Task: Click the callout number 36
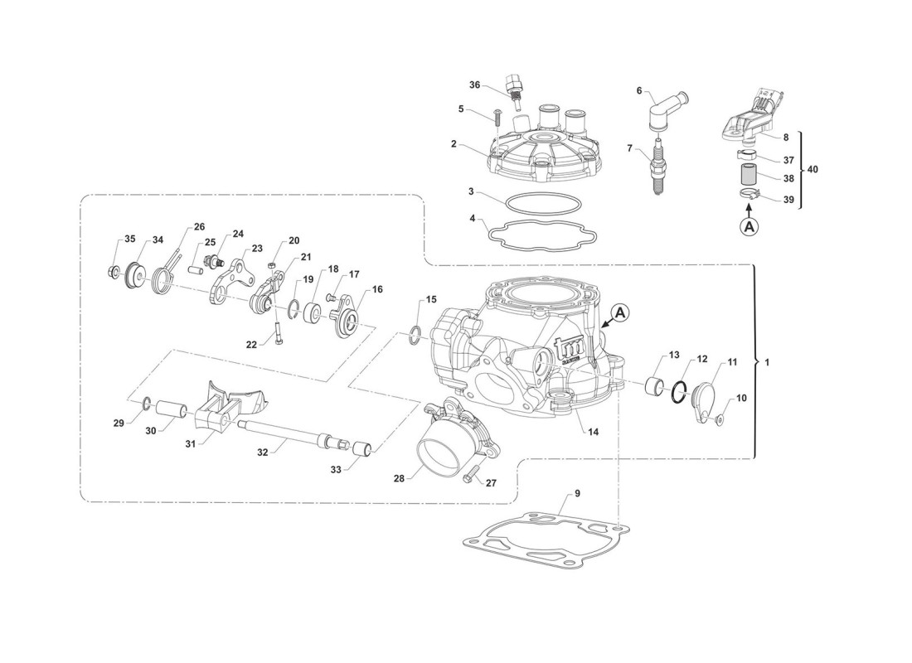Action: click(x=475, y=85)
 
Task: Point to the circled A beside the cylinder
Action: click(x=621, y=313)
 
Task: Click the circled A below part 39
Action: click(x=749, y=225)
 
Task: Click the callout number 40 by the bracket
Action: click(x=813, y=169)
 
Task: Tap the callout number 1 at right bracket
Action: click(x=767, y=364)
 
